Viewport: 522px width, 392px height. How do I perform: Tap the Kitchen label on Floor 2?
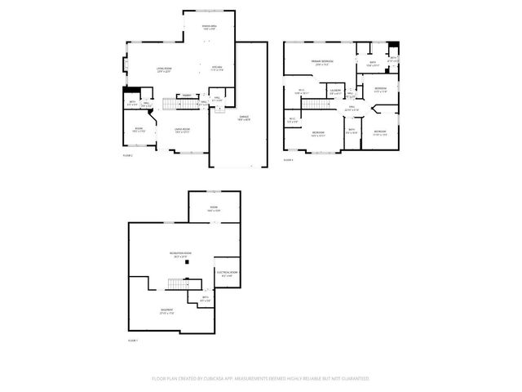pos(217,68)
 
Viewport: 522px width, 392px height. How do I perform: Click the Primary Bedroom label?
pos(321,62)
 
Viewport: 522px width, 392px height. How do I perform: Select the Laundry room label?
pos(335,91)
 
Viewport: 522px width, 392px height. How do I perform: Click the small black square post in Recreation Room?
pos(186,263)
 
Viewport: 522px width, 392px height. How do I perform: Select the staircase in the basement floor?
pos(179,283)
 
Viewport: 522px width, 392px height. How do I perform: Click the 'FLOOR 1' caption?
pos(132,340)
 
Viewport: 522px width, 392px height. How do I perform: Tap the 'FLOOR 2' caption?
pos(127,155)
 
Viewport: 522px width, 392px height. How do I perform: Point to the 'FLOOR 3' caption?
pos(288,160)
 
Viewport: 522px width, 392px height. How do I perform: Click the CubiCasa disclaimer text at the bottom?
pos(261,379)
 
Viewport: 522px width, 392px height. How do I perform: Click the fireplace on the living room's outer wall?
pos(125,65)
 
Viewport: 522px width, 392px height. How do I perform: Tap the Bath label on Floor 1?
pos(206,298)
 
